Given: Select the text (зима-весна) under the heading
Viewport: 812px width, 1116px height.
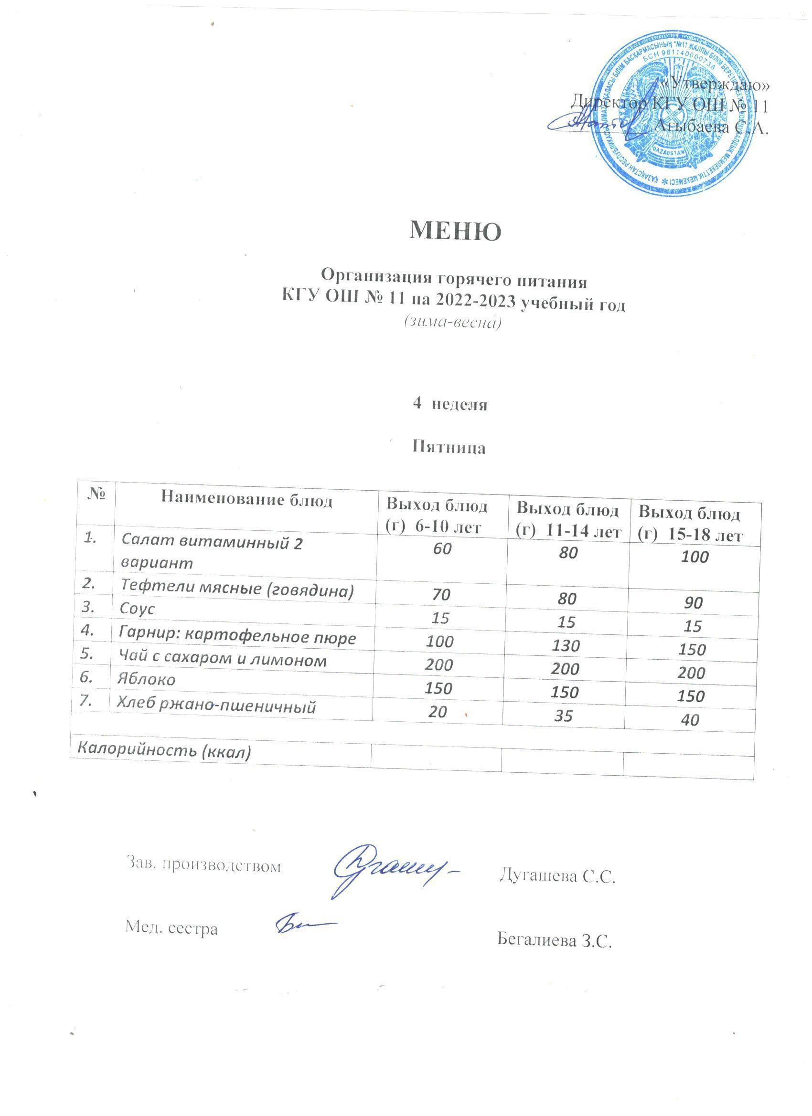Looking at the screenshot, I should tap(452, 322).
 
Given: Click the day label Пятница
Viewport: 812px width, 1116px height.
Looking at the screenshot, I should tap(449, 448).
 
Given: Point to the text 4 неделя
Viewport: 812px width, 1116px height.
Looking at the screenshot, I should tap(449, 404).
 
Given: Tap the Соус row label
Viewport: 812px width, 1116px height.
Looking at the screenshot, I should tap(138, 609).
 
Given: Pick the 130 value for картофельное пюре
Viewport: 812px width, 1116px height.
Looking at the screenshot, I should tap(566, 645).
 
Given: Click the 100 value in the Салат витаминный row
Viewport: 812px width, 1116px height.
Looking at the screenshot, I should tap(694, 557).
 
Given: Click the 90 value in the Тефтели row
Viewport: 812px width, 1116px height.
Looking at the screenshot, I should tap(693, 603).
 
